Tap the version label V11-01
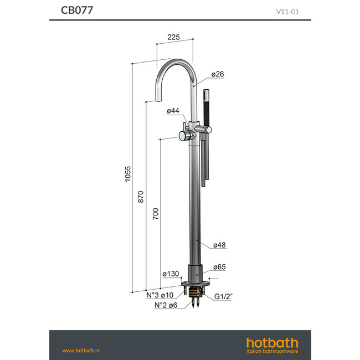(291, 11)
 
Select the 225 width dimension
(174, 38)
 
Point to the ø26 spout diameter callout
(217, 74)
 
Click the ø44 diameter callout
(173, 111)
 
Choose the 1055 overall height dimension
(127, 174)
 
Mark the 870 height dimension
(141, 195)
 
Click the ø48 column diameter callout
(219, 244)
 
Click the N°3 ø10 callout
(160, 295)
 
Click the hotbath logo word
(272, 342)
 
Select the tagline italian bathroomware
(272, 352)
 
